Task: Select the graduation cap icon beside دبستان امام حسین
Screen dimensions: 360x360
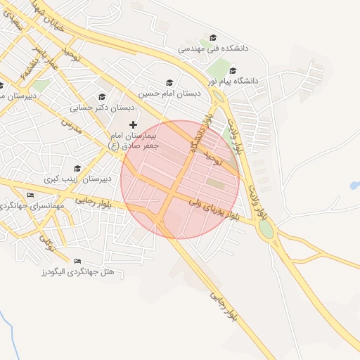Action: [168, 82]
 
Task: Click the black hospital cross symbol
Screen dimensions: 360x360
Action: [133, 124]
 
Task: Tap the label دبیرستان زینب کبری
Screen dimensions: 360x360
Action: [77, 179]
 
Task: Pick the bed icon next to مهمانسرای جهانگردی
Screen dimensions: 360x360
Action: [30, 195]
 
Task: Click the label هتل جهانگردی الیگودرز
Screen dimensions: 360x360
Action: [83, 271]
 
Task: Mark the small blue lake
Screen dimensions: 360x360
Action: [354, 186]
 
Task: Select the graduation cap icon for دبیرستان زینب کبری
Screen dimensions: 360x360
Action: [77, 169]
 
